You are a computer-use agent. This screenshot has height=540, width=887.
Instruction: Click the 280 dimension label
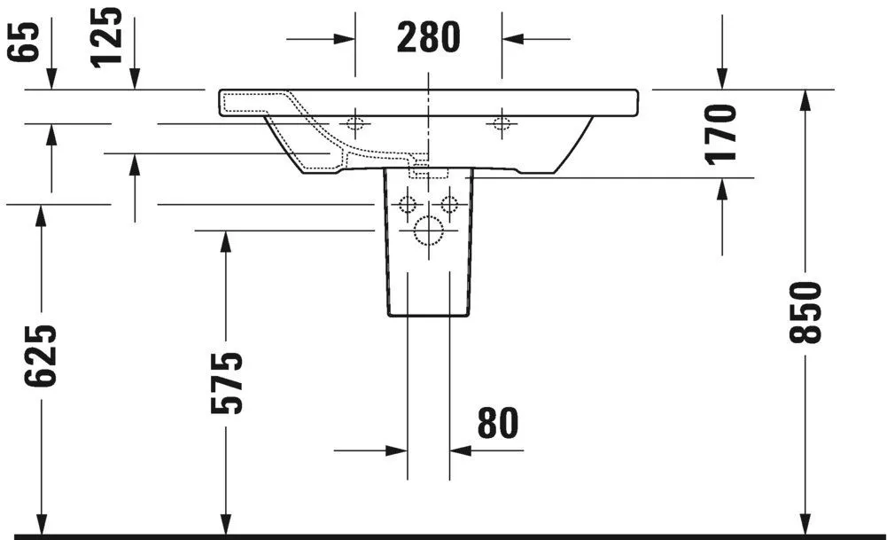click(x=428, y=37)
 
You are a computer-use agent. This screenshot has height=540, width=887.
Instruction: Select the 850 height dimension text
click(x=806, y=312)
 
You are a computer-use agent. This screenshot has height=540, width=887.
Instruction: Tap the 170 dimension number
click(x=722, y=133)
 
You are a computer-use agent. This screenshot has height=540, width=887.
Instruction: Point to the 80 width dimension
click(x=497, y=424)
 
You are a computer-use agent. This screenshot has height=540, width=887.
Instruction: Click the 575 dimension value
click(x=226, y=383)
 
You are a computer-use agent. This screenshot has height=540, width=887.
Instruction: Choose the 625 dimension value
click(x=41, y=355)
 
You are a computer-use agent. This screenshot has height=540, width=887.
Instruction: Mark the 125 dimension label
click(x=107, y=36)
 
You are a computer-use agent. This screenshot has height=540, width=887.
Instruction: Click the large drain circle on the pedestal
click(x=428, y=231)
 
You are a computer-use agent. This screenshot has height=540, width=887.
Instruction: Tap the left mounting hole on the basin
click(x=355, y=123)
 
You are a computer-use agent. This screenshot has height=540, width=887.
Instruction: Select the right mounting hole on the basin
click(x=502, y=123)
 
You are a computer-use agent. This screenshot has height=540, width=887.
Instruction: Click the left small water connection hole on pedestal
click(x=408, y=205)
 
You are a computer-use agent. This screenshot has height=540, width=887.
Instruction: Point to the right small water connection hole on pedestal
click(x=449, y=205)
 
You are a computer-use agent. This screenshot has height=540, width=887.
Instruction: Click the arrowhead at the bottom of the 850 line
click(x=805, y=524)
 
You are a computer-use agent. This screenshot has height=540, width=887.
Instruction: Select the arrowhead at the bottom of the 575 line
click(x=226, y=524)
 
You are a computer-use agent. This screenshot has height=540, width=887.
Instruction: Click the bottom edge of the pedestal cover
click(x=428, y=316)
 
